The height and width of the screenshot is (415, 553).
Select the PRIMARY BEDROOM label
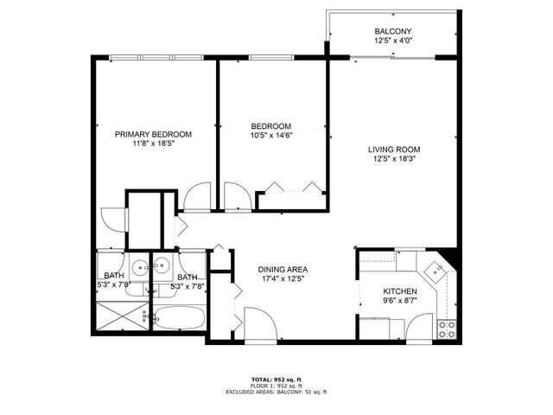point(154,134)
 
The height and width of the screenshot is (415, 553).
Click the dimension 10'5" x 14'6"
point(271,135)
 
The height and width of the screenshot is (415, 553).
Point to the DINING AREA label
point(283,269)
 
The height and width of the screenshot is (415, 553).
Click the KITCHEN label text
point(401,291)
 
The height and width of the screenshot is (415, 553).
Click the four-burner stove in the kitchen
point(447,328)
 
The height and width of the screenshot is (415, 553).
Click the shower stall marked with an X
point(121,316)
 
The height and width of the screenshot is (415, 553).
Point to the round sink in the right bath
point(161,266)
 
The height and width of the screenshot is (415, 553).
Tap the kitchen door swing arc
point(423,325)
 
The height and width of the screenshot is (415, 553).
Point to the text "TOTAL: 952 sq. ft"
point(276,379)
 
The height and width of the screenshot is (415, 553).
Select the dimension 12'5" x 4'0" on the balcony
point(391,41)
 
